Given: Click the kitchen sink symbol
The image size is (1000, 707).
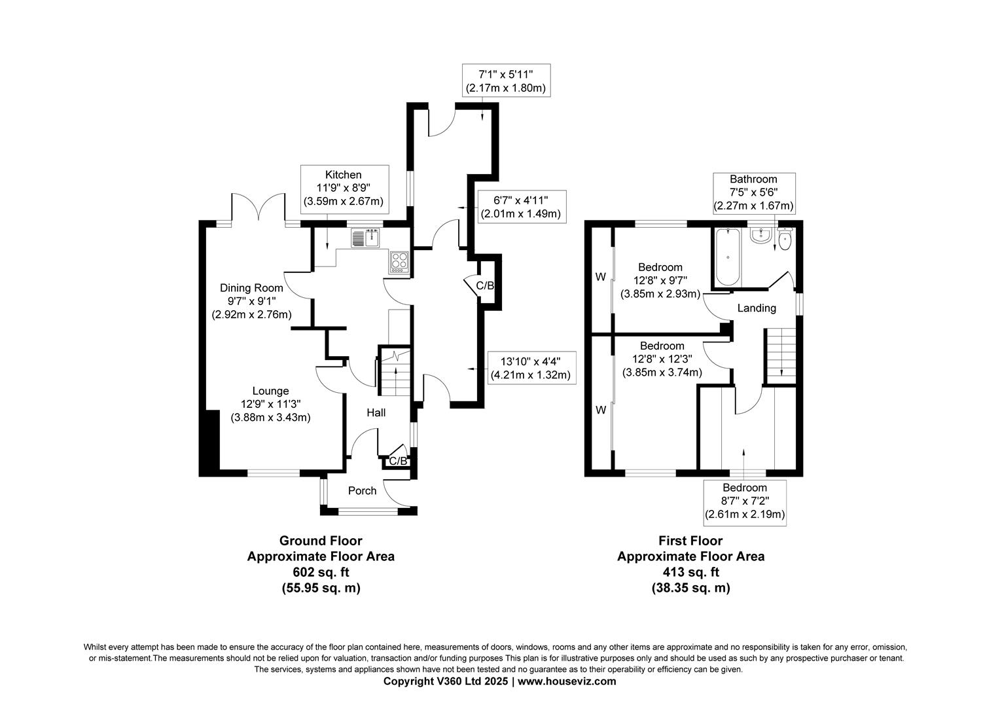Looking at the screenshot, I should [365, 238].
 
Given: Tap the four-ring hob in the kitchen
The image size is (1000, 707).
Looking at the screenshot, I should [399, 261].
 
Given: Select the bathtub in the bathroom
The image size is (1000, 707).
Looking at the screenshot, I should [728, 258].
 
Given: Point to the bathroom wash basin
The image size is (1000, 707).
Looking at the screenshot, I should [760, 236].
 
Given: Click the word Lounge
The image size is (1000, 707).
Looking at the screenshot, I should [271, 391].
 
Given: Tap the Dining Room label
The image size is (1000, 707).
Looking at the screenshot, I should [251, 288].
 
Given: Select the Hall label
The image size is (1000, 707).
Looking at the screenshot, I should [376, 412].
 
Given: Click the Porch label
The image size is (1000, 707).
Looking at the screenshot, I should [362, 490].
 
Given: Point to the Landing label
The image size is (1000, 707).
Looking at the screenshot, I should [757, 308].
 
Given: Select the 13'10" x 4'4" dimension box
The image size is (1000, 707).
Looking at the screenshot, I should [530, 367].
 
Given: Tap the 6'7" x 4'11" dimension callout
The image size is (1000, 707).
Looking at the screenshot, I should [520, 206].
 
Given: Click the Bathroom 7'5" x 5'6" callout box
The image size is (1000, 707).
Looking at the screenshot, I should [753, 192].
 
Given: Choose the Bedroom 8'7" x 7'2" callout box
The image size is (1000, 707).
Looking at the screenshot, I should [745, 501].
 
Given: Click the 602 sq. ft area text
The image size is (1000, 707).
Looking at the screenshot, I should [321, 572].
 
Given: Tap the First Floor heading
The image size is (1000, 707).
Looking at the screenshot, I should [690, 541].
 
